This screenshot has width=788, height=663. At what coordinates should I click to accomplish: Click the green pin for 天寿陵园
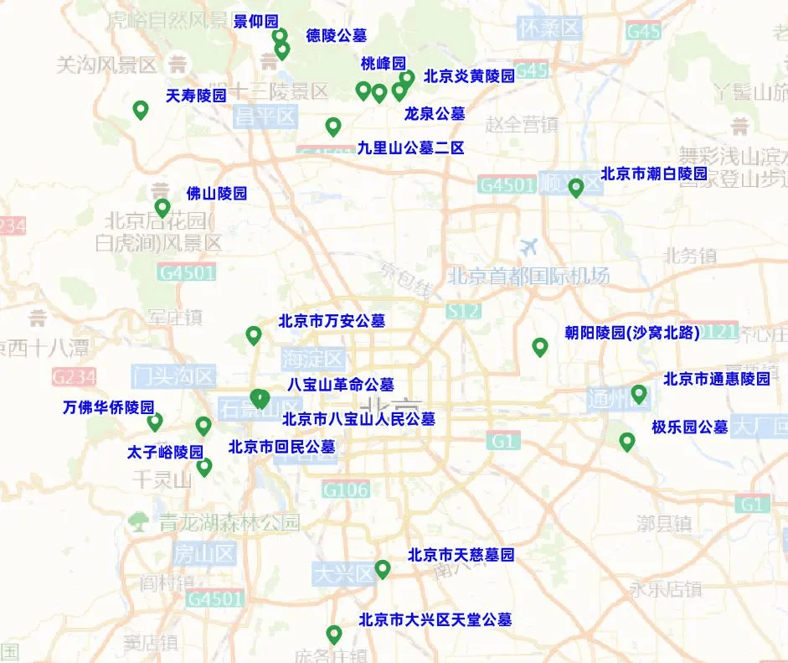(141, 110)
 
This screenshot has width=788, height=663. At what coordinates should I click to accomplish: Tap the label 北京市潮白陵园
(654, 174)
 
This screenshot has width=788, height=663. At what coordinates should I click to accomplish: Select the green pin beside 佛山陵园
(162, 208)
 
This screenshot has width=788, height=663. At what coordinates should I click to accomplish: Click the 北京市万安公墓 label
(332, 321)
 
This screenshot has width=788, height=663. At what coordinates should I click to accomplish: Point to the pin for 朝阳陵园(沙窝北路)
(540, 347)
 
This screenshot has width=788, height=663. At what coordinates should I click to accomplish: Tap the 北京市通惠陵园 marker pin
(639, 394)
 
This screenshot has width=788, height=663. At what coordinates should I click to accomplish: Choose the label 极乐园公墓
(690, 427)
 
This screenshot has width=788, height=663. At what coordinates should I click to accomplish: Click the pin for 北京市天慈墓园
(383, 569)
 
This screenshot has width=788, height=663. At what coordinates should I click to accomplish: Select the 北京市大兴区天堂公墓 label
(435, 620)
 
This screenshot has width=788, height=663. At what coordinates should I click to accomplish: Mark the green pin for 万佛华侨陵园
(155, 422)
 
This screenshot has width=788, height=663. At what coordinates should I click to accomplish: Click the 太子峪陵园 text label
(165, 453)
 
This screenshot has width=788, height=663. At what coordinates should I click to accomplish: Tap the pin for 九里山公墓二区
(333, 127)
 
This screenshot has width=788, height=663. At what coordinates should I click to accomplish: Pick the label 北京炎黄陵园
(469, 76)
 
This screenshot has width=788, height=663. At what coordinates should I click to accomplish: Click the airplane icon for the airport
(529, 247)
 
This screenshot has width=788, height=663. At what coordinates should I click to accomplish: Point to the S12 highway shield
(464, 312)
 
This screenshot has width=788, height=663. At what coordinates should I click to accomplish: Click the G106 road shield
(346, 489)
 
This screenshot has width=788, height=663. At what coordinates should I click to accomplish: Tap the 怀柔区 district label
(549, 28)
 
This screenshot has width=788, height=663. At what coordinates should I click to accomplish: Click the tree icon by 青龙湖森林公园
(137, 522)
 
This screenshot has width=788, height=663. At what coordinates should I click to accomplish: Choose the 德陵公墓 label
(337, 35)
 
